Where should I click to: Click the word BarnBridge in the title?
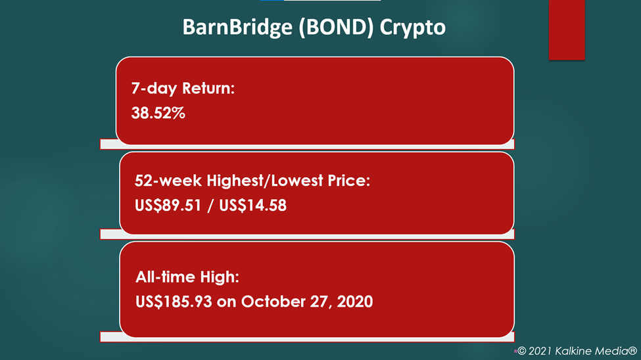point(237,27)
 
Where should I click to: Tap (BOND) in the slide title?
point(336,28)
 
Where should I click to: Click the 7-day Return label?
point(183,88)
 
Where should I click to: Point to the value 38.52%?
point(158,113)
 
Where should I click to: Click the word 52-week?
point(168,180)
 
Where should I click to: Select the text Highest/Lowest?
point(265,181)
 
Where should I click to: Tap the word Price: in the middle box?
point(348,180)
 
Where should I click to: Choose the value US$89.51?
point(168,205)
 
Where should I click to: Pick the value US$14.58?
point(252,205)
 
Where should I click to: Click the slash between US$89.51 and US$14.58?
point(210,206)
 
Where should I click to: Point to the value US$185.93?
point(174,302)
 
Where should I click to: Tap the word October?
point(272,302)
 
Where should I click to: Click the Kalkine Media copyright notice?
point(577,351)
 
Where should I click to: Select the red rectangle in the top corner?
point(567,30)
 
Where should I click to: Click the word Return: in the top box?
point(208,88)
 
